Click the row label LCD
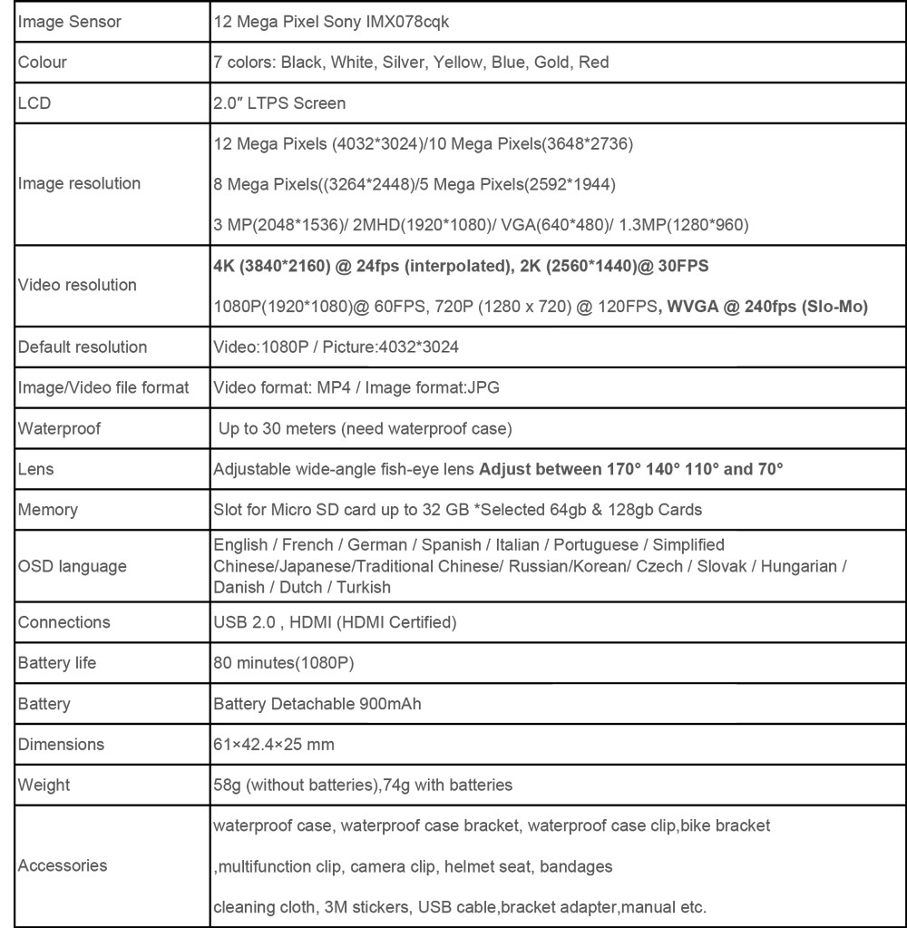[x=34, y=103]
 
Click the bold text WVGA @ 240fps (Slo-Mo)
[x=767, y=307]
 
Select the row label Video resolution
[x=77, y=285]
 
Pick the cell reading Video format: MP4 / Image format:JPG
[x=356, y=387]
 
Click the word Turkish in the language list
[x=364, y=587]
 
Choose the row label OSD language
[x=73, y=567]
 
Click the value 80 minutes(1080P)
[x=283, y=663]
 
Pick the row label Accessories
[x=63, y=865]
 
